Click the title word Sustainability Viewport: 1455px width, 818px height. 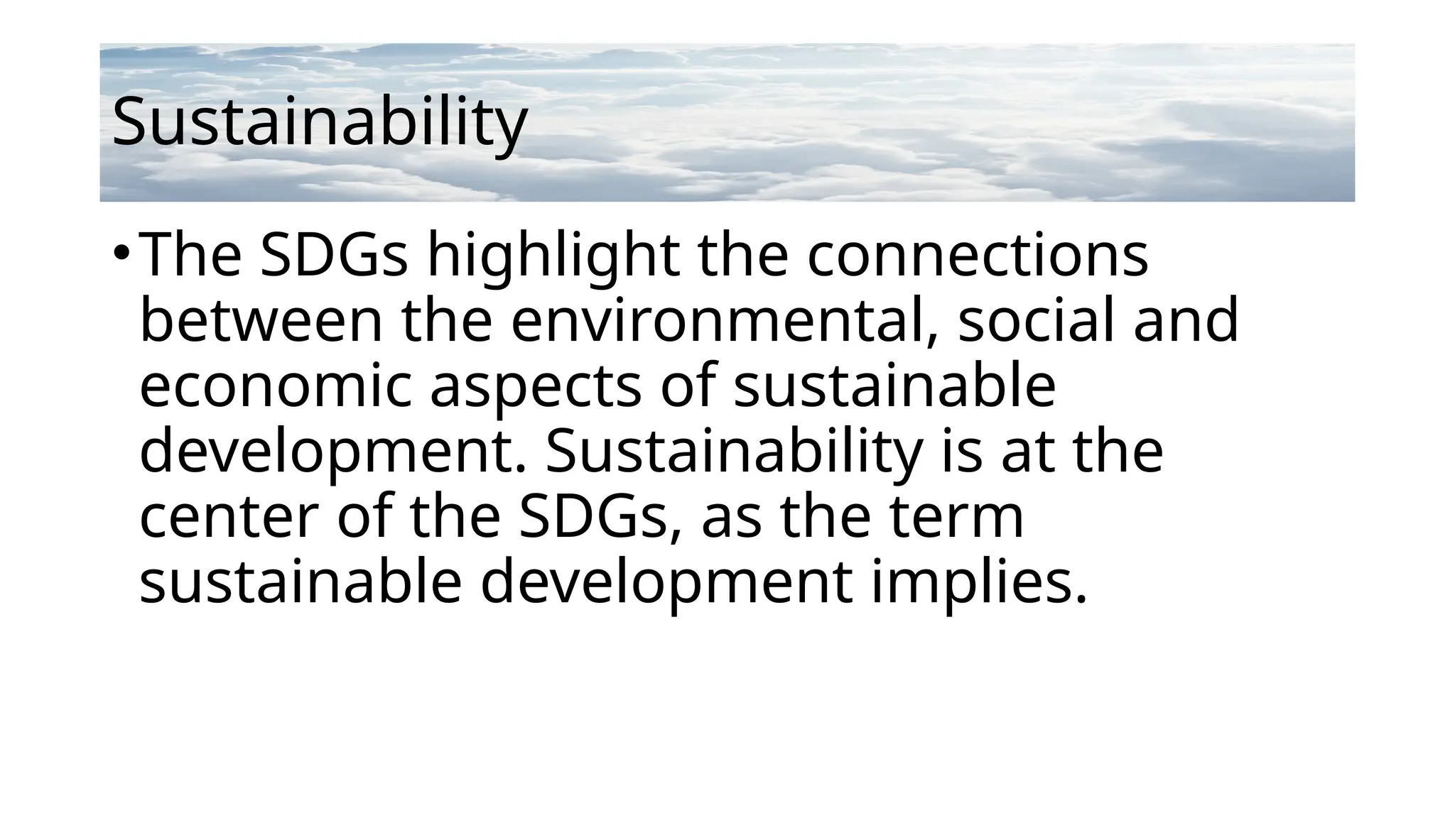pos(320,122)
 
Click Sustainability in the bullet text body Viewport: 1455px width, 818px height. pos(734,452)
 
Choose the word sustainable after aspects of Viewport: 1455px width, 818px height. pos(894,386)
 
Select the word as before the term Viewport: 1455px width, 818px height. pos(731,517)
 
